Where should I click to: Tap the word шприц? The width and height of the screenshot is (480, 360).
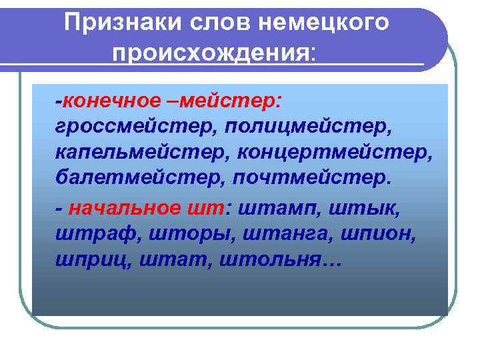click(x=85, y=260)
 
